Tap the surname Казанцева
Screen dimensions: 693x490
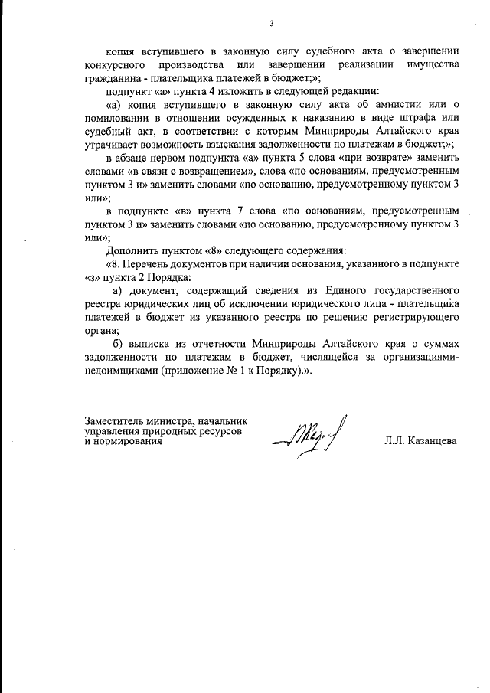coord(423,442)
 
